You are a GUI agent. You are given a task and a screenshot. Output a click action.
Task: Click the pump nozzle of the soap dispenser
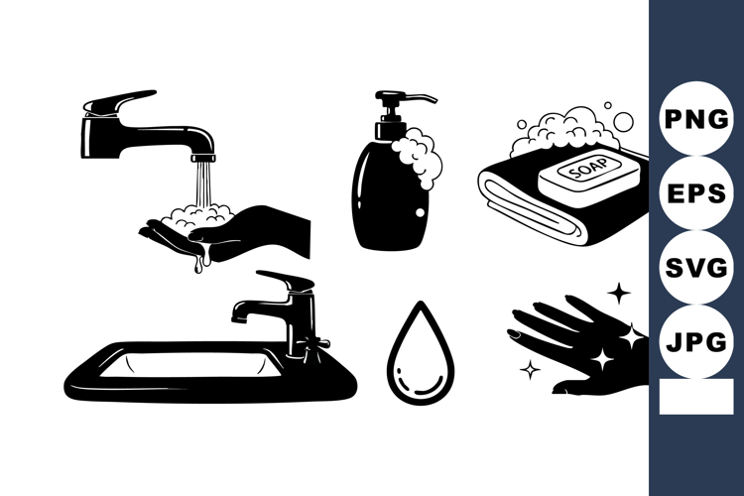click(x=420, y=98)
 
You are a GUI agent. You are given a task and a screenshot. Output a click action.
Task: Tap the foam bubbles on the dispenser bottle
click(x=420, y=161)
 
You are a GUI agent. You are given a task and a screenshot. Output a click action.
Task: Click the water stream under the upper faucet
click(x=202, y=185)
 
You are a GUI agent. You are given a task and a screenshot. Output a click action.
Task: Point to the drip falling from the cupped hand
click(x=198, y=265)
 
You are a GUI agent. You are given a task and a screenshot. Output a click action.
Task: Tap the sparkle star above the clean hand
click(x=619, y=294)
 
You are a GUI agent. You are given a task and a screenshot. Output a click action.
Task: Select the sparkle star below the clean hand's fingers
click(x=531, y=369)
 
